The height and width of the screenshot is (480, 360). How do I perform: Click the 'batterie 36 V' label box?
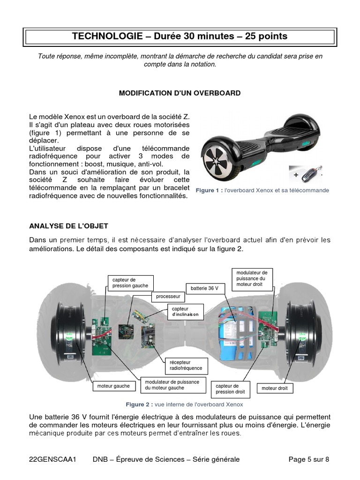[205, 288]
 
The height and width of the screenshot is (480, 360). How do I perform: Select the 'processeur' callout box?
[168, 297]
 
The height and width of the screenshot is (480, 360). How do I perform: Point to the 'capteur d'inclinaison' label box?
[185, 312]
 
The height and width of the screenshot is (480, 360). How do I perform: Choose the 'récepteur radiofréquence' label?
[183, 365]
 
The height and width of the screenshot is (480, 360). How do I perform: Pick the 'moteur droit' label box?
[275, 388]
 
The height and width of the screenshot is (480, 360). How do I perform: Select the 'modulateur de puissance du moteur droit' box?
[252, 278]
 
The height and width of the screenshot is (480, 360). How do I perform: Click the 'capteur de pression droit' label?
[231, 389]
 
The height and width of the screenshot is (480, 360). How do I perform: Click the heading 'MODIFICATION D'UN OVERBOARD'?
[180, 93]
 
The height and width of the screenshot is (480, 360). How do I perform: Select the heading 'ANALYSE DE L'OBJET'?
[66, 226]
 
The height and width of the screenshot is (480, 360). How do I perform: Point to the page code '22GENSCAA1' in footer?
[52, 459]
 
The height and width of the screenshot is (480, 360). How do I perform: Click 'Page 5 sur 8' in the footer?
[308, 459]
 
